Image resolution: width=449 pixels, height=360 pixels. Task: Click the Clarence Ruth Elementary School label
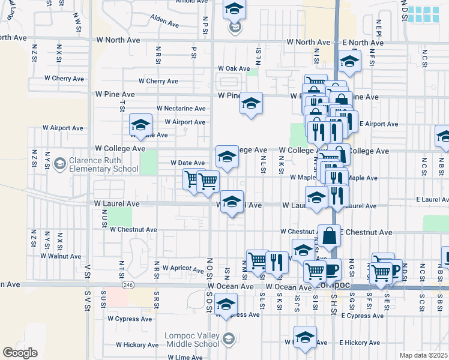[103, 164]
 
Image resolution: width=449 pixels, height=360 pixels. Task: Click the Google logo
[20, 353]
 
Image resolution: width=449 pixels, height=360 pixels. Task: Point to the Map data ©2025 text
[423, 355]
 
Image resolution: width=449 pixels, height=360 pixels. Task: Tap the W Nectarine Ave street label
[181, 108]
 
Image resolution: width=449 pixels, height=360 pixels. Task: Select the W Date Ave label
[188, 163]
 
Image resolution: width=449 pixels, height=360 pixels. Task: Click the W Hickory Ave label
[136, 344]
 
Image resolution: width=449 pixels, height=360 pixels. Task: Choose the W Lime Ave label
[185, 357]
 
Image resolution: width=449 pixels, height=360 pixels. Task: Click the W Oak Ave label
[234, 68]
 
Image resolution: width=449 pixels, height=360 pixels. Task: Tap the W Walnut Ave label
[61, 256]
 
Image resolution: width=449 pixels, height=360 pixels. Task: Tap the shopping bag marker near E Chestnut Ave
[330, 237]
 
